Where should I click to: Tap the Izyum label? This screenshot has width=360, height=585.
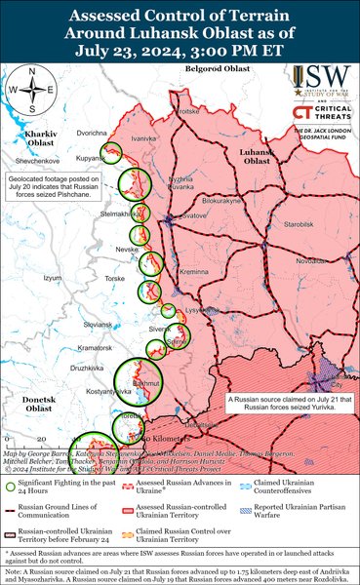(54, 278)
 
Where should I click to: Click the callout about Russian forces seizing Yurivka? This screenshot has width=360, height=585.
(283, 401)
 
